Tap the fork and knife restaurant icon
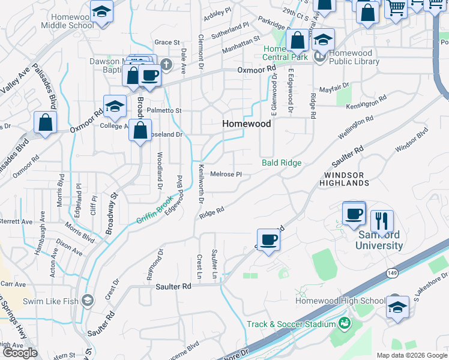[x=382, y=220]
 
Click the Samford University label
[x=379, y=240]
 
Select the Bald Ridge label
[x=282, y=163]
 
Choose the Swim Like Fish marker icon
[x=88, y=300]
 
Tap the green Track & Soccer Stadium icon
[x=345, y=324]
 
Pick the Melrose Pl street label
[x=226, y=175]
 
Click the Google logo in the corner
[x=20, y=353]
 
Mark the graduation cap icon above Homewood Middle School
[x=102, y=11]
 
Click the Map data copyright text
[x=411, y=355]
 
